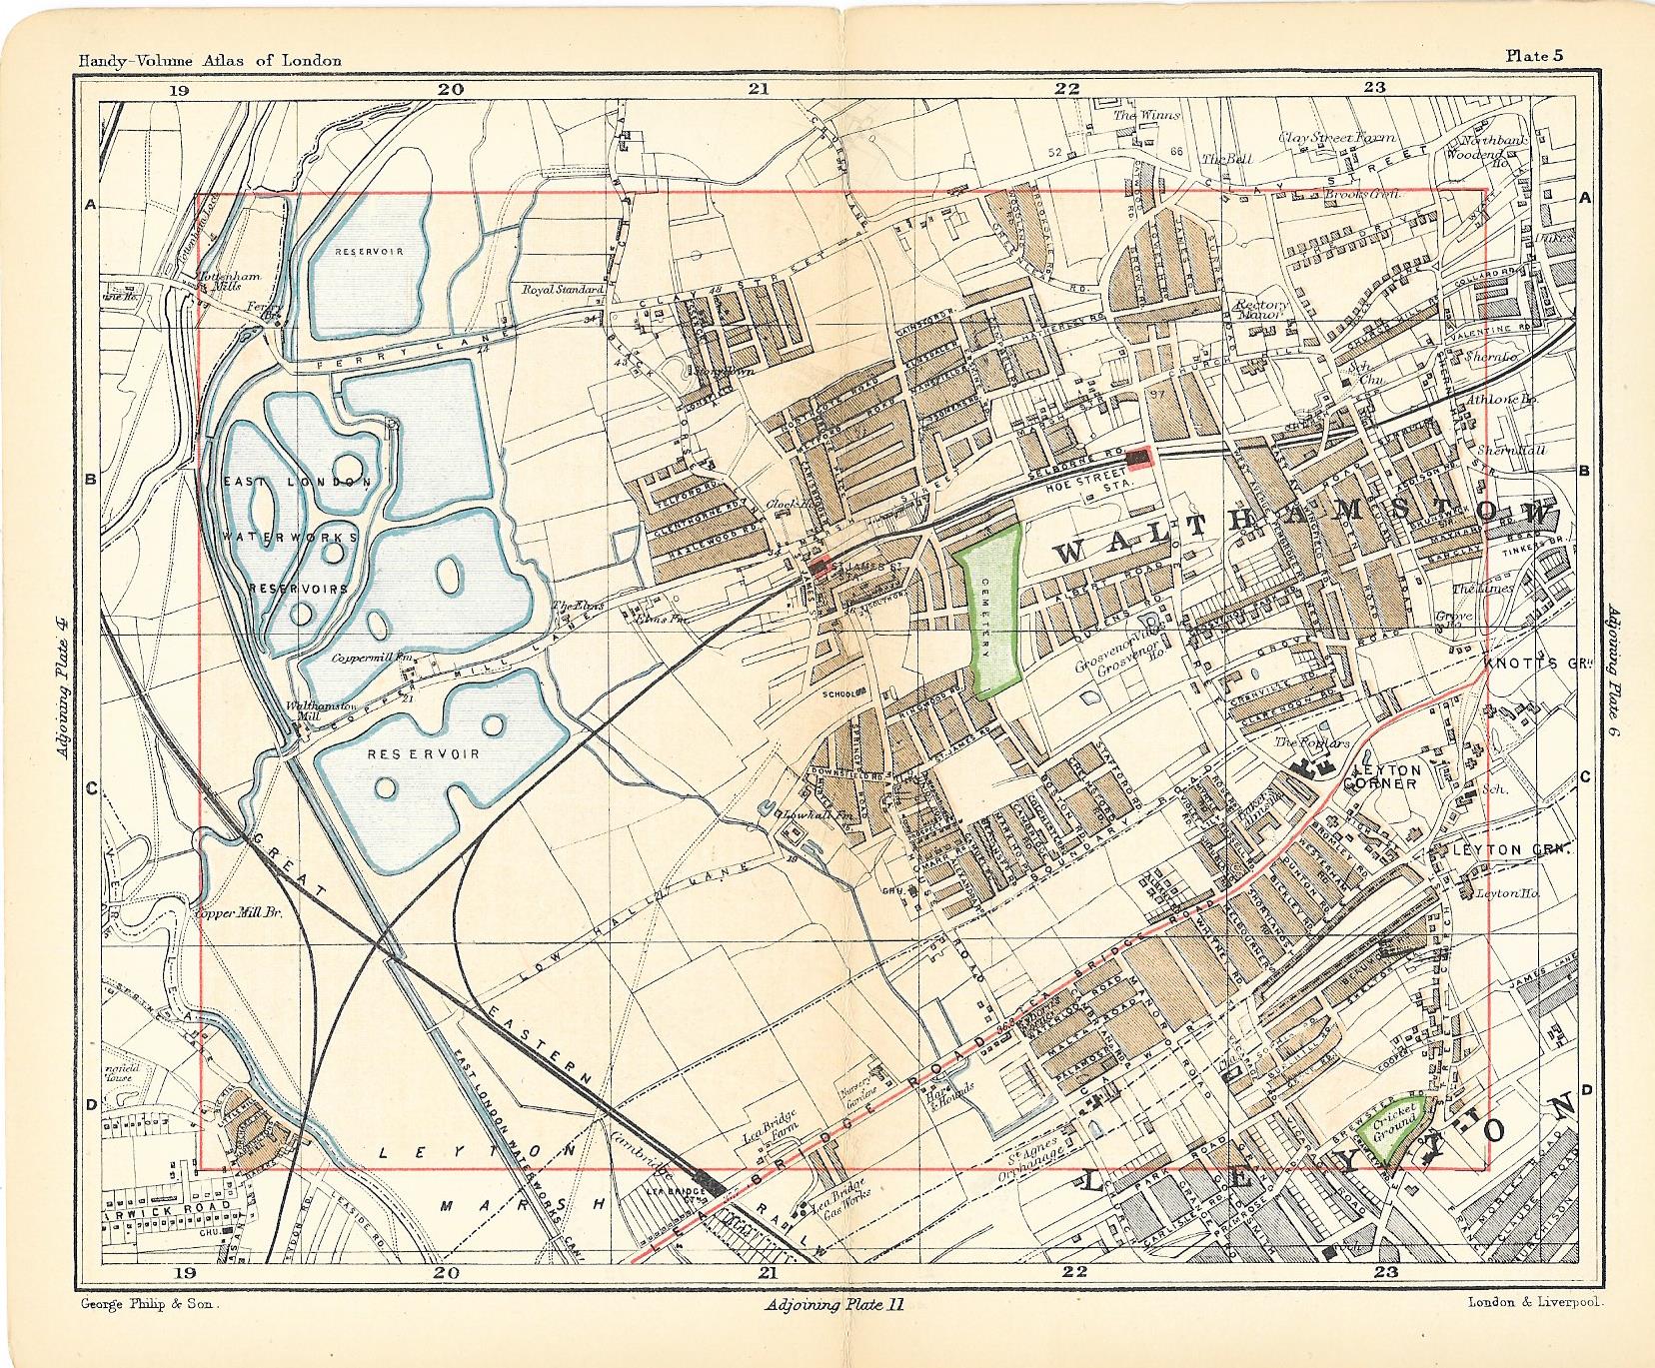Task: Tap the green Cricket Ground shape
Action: click(1394, 1132)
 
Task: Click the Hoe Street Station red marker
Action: click(1138, 458)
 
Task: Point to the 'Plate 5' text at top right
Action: click(1534, 56)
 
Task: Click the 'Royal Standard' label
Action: click(562, 290)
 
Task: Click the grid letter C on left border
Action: click(90, 789)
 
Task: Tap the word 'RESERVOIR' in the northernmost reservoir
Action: click(369, 251)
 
